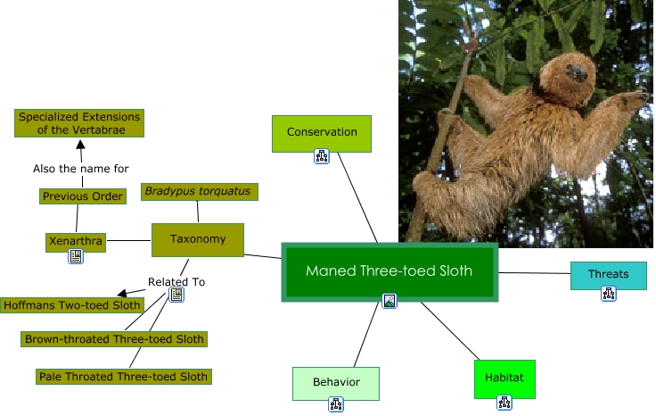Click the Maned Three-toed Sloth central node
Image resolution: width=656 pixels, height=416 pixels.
click(x=389, y=270)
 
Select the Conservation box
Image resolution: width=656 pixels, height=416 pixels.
click(x=321, y=132)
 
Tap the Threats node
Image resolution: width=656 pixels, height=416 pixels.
click(x=608, y=274)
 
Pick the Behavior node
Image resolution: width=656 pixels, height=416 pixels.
click(x=336, y=382)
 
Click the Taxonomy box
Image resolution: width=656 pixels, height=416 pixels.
click(x=198, y=239)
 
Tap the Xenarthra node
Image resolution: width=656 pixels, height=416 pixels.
click(x=76, y=241)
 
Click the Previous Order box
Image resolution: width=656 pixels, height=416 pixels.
click(x=83, y=196)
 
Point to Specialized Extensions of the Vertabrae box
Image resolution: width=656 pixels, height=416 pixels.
click(x=80, y=122)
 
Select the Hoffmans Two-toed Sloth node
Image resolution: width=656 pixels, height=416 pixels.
click(x=72, y=305)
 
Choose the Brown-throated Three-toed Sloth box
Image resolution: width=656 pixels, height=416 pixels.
click(x=114, y=339)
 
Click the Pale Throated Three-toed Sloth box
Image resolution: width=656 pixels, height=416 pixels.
click(x=124, y=377)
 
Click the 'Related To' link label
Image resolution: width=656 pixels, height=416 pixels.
click(x=176, y=281)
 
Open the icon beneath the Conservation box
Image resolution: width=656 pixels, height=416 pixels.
click(x=322, y=157)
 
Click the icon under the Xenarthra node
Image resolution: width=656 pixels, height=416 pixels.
click(x=76, y=256)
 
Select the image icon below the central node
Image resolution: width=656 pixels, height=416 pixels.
click(x=389, y=301)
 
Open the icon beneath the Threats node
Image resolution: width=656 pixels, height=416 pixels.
click(x=608, y=294)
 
